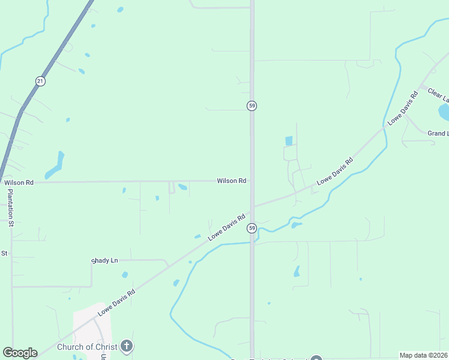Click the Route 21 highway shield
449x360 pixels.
click(40, 81)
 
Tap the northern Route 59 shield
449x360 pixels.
click(252, 106)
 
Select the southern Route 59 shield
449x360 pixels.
click(252, 228)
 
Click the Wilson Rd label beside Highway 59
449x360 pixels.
click(232, 181)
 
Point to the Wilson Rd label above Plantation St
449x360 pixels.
click(19, 182)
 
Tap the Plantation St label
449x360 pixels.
click(10, 208)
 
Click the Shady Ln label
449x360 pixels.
click(105, 260)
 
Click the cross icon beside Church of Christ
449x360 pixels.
click(126, 346)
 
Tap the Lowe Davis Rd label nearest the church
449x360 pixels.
click(117, 302)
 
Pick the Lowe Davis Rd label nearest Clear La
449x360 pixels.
click(403, 108)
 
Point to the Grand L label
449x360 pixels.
click(438, 133)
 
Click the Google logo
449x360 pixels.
click(20, 353)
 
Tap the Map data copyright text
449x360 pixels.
click(424, 355)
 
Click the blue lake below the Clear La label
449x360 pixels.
click(444, 112)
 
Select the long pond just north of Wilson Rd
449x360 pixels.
click(55, 166)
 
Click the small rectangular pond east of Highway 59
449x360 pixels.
click(289, 141)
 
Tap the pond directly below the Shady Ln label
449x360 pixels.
click(125, 275)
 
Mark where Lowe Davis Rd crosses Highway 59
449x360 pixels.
click(252, 207)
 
